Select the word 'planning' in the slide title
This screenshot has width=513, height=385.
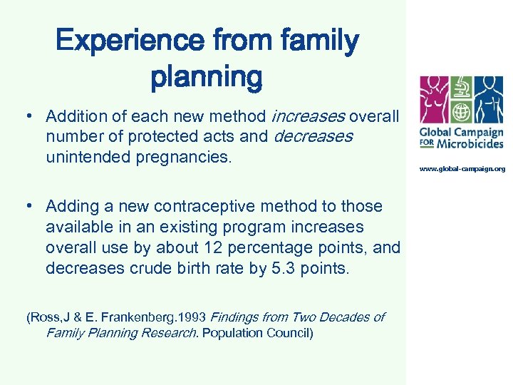206,77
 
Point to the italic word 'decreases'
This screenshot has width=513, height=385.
312,136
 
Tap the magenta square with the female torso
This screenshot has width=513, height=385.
434,101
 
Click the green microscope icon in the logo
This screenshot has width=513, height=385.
461,88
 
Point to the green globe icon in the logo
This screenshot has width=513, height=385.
461,113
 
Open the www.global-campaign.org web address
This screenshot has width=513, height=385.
462,169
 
